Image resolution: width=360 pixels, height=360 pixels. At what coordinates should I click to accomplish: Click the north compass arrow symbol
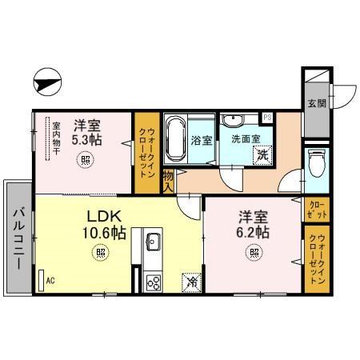47,81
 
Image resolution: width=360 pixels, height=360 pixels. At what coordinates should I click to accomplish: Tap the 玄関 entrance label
316,102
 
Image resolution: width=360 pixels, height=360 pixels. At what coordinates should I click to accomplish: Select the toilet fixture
317,165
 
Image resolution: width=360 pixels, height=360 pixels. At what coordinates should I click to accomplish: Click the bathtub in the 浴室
176,139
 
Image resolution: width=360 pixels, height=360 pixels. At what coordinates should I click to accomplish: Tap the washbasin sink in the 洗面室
234,121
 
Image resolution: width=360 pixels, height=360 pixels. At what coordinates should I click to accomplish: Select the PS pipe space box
267,117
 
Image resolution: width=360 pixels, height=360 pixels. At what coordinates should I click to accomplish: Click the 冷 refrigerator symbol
192,282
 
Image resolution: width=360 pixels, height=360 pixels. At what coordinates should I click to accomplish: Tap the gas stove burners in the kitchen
153,281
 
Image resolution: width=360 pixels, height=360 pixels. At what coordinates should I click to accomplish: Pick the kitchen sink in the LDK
153,241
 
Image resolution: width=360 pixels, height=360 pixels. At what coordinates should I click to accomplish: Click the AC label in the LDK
50,281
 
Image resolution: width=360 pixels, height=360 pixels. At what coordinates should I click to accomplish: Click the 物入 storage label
169,180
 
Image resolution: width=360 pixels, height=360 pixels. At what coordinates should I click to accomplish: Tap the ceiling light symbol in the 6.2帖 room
254,254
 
